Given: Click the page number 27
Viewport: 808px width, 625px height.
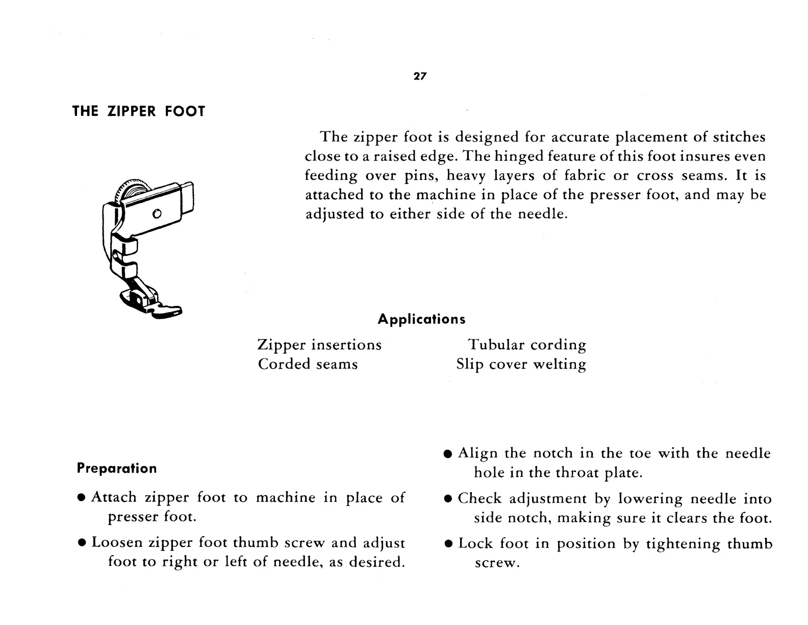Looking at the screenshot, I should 420,77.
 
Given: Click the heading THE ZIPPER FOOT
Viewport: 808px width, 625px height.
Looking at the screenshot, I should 139,111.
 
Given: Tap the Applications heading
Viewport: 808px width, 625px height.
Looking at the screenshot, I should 421,320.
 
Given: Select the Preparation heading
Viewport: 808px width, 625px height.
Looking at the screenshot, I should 117,469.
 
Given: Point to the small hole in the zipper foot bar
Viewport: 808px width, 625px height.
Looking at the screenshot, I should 157,213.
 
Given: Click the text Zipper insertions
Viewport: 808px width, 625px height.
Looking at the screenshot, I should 320,345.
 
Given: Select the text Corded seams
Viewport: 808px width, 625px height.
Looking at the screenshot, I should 308,365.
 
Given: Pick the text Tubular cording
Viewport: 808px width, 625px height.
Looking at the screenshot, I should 527,345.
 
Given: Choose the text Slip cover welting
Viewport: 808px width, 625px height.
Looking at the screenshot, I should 521,365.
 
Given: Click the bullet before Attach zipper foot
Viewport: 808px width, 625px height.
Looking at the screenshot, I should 82,498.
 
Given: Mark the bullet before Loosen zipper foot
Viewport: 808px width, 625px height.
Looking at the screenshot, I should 82,543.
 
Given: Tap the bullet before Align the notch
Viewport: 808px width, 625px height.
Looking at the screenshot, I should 448,454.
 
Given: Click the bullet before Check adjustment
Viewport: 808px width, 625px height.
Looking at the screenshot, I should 448,499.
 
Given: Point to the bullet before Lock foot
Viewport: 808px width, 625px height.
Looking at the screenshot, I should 448,544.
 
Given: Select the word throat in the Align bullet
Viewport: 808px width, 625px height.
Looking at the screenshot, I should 577,473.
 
